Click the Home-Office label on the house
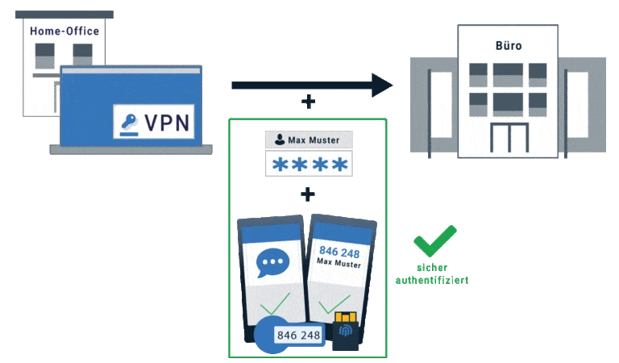click(x=64, y=31)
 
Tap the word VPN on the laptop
click(x=167, y=122)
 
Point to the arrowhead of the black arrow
click(x=384, y=84)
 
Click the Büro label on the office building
click(x=509, y=46)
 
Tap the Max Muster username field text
click(x=314, y=140)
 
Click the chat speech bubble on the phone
click(x=272, y=264)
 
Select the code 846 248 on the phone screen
click(x=339, y=252)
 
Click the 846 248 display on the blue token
click(x=297, y=334)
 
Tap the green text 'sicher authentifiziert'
click(x=432, y=274)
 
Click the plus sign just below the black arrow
click(x=305, y=101)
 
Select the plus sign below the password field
click(x=305, y=194)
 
